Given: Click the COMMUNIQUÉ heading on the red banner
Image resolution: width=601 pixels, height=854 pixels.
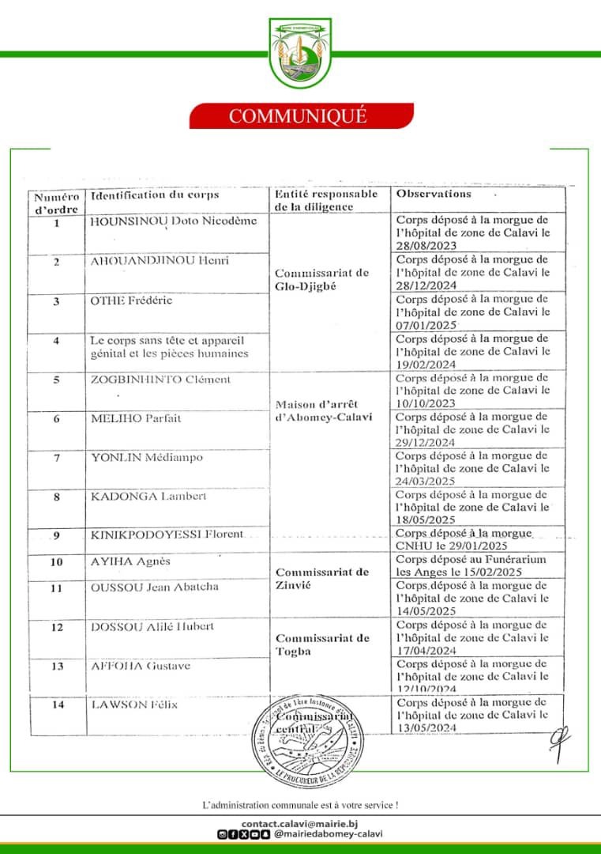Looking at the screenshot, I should [x=298, y=115].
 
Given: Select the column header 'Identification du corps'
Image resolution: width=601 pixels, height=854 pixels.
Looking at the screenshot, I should [x=155, y=195].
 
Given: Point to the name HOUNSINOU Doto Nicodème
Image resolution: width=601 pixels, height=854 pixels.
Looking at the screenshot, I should [x=175, y=221].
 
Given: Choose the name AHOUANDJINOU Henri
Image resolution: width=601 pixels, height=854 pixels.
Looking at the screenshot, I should [x=160, y=260].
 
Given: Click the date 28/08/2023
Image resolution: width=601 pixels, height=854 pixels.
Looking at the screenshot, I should [x=423, y=246].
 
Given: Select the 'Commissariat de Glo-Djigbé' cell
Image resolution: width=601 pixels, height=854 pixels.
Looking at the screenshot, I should [x=321, y=279].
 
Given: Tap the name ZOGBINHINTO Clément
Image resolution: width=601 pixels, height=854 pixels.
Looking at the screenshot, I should [x=161, y=380].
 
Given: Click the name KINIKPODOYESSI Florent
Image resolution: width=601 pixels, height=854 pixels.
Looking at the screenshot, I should [x=167, y=535].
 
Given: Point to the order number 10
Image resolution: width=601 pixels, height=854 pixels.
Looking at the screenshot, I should [x=56, y=562].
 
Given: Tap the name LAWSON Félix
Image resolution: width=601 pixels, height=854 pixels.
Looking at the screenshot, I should [x=131, y=705].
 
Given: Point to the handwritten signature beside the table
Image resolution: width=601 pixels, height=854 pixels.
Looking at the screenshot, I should [x=562, y=743].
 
